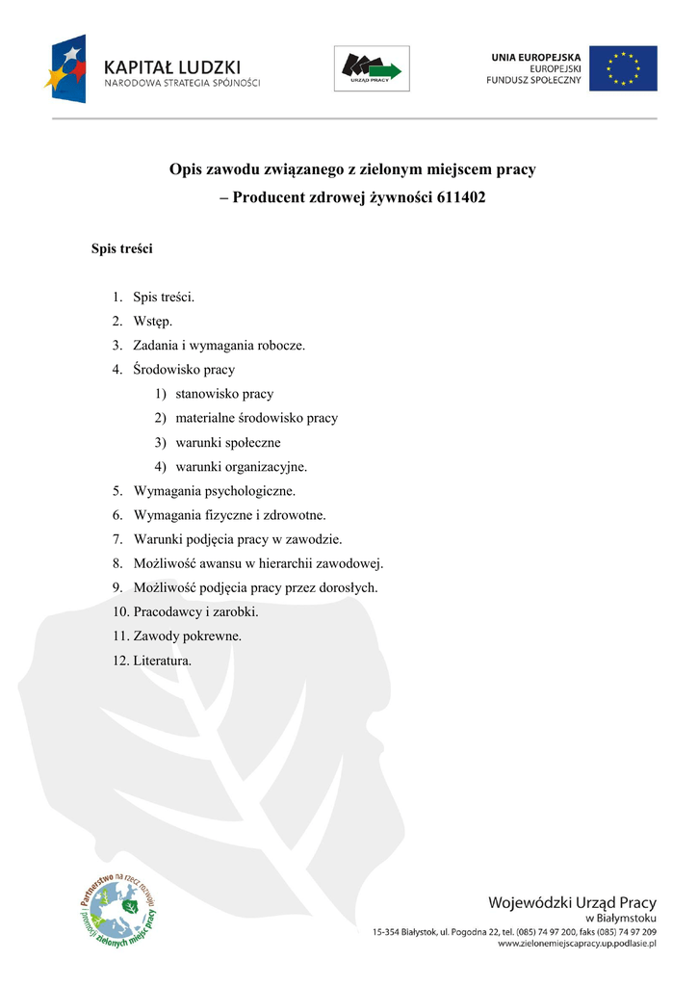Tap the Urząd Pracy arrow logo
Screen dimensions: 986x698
(372, 68)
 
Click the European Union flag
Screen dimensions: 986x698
(623, 68)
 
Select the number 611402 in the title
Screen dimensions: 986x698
(459, 197)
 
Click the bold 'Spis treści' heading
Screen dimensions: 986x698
(122, 248)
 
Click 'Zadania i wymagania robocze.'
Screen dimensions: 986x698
(219, 345)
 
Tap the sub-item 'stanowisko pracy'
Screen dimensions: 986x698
(224, 394)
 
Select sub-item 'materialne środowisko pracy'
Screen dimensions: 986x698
(256, 418)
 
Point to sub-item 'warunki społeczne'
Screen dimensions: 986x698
(228, 442)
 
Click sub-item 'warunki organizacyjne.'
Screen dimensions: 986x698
(242, 467)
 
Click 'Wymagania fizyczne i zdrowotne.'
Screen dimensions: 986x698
(230, 515)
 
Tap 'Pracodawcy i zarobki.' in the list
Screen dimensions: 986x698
(195, 612)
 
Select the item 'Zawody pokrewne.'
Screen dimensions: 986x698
(188, 636)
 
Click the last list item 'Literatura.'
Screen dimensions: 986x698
(163, 661)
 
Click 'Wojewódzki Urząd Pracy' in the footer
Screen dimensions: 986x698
(572, 903)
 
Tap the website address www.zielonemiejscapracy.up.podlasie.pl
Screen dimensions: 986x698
(576, 945)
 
